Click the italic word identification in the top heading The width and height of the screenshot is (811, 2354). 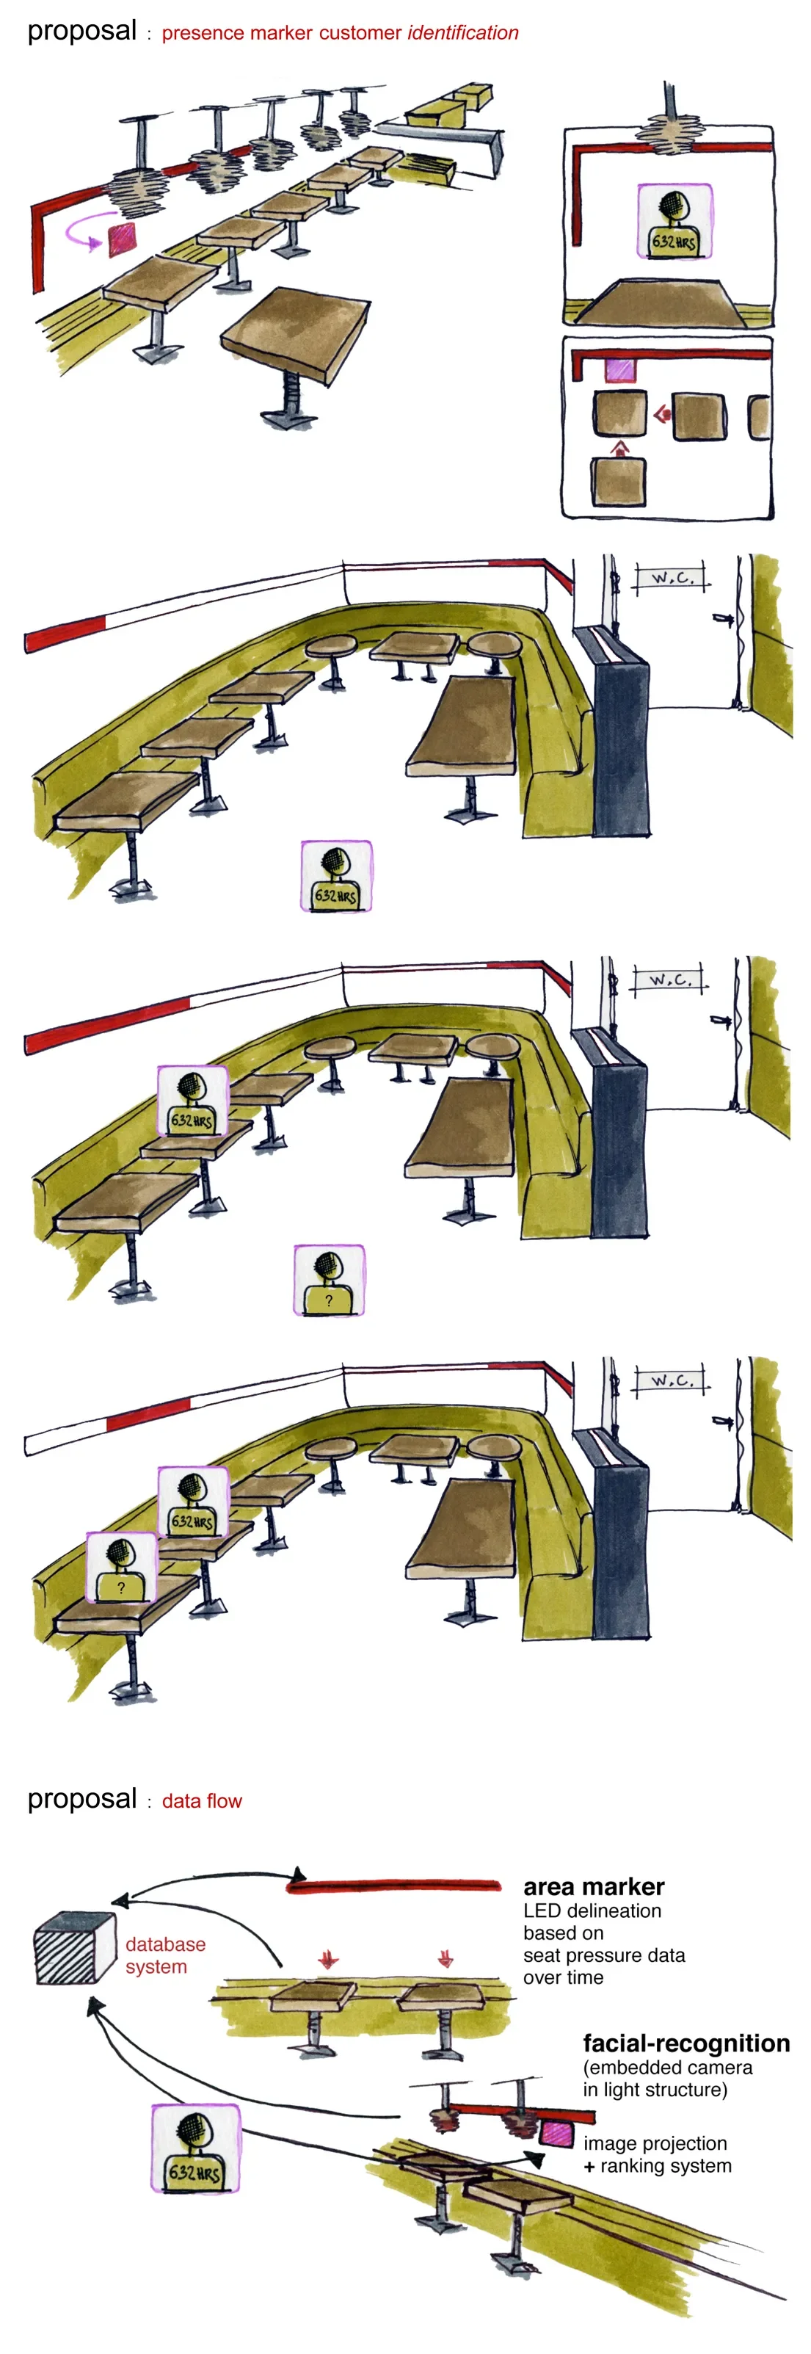[x=463, y=33]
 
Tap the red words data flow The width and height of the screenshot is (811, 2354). [x=202, y=1800]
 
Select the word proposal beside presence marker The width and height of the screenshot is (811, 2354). [x=82, y=31]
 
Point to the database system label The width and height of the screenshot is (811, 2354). [x=165, y=1955]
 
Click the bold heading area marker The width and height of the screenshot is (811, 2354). [x=594, y=1886]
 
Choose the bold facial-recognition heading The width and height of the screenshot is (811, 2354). [x=687, y=2043]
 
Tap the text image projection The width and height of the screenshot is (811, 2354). [x=655, y=2144]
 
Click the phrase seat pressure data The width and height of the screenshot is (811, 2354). [x=604, y=1955]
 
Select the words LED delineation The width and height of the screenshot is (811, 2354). [x=592, y=1910]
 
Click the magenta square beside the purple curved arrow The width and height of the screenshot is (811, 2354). [x=122, y=239]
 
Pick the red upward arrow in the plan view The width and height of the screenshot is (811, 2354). [x=620, y=448]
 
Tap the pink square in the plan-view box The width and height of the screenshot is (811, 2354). [x=620, y=369]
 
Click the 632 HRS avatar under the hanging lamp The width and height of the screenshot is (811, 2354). [x=674, y=221]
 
